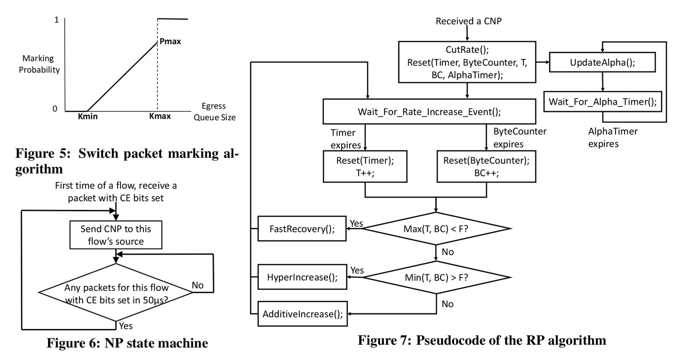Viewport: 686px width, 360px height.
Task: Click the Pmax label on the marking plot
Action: (171, 41)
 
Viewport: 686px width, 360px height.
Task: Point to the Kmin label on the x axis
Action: (88, 116)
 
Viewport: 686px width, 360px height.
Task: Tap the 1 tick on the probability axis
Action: (56, 20)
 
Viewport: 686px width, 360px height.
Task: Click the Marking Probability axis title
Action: (41, 64)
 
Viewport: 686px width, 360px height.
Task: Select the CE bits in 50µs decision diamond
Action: (115, 293)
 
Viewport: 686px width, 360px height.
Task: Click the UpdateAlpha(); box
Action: (602, 62)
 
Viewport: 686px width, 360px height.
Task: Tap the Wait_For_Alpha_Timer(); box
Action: (602, 101)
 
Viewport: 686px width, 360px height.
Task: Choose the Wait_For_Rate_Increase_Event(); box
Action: (429, 112)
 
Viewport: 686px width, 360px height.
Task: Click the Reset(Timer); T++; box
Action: (365, 167)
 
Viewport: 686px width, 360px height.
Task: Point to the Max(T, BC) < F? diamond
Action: (436, 229)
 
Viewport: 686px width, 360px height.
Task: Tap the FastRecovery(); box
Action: (302, 229)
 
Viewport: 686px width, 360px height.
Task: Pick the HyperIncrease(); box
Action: (302, 277)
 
